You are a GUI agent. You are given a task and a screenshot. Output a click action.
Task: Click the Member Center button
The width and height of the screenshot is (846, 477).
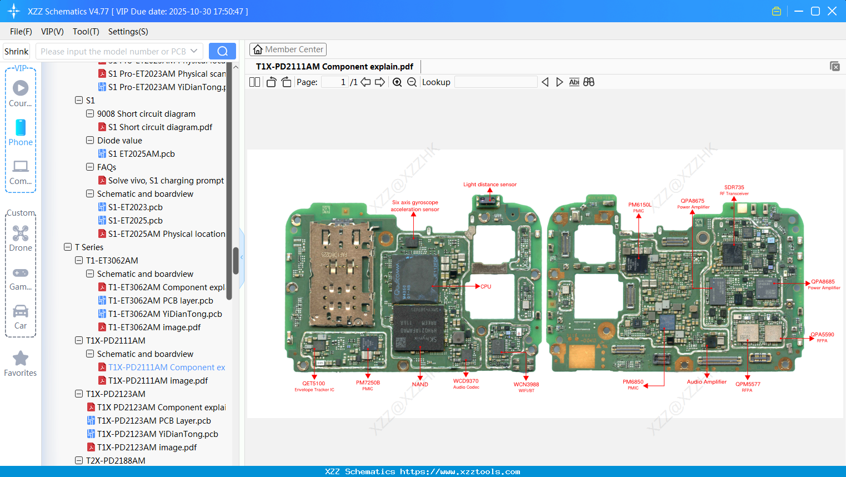pyautogui.click(x=288, y=49)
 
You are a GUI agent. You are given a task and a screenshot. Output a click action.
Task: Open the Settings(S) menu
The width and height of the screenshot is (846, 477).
pyautogui.click(x=128, y=32)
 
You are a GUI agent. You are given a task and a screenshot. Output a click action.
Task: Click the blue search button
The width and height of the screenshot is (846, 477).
pyautogui.click(x=222, y=51)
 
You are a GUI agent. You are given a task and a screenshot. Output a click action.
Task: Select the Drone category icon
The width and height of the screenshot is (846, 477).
pyautogui.click(x=21, y=233)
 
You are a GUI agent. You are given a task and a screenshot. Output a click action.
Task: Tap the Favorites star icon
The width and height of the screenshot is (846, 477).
pyautogui.click(x=21, y=359)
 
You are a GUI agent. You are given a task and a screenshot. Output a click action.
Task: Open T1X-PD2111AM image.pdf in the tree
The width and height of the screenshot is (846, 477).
pyautogui.click(x=158, y=381)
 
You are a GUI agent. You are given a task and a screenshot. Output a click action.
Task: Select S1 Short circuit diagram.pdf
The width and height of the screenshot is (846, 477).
pyautogui.click(x=160, y=127)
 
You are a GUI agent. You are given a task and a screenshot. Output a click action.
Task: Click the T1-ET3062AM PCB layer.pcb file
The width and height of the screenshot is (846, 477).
pyautogui.click(x=161, y=301)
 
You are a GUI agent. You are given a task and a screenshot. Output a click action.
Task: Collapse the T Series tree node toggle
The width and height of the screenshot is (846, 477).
pyautogui.click(x=68, y=247)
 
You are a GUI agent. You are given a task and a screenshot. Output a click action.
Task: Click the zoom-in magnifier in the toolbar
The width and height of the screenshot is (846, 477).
pyautogui.click(x=397, y=82)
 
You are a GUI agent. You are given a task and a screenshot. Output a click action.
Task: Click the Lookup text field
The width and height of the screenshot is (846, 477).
pyautogui.click(x=495, y=82)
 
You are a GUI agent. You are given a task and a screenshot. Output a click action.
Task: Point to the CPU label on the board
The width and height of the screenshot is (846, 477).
pyautogui.click(x=486, y=287)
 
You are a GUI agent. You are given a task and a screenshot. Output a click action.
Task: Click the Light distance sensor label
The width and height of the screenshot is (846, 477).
pyautogui.click(x=490, y=185)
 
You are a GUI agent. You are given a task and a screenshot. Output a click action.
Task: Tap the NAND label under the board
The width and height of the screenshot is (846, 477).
pyautogui.click(x=420, y=385)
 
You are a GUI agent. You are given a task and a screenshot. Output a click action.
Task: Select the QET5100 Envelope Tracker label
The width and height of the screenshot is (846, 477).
pyautogui.click(x=314, y=386)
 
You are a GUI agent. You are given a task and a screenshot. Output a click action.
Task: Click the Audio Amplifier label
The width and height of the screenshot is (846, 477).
pyautogui.click(x=707, y=382)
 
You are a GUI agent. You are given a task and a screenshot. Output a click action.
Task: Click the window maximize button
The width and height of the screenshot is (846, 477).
pyautogui.click(x=815, y=11)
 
